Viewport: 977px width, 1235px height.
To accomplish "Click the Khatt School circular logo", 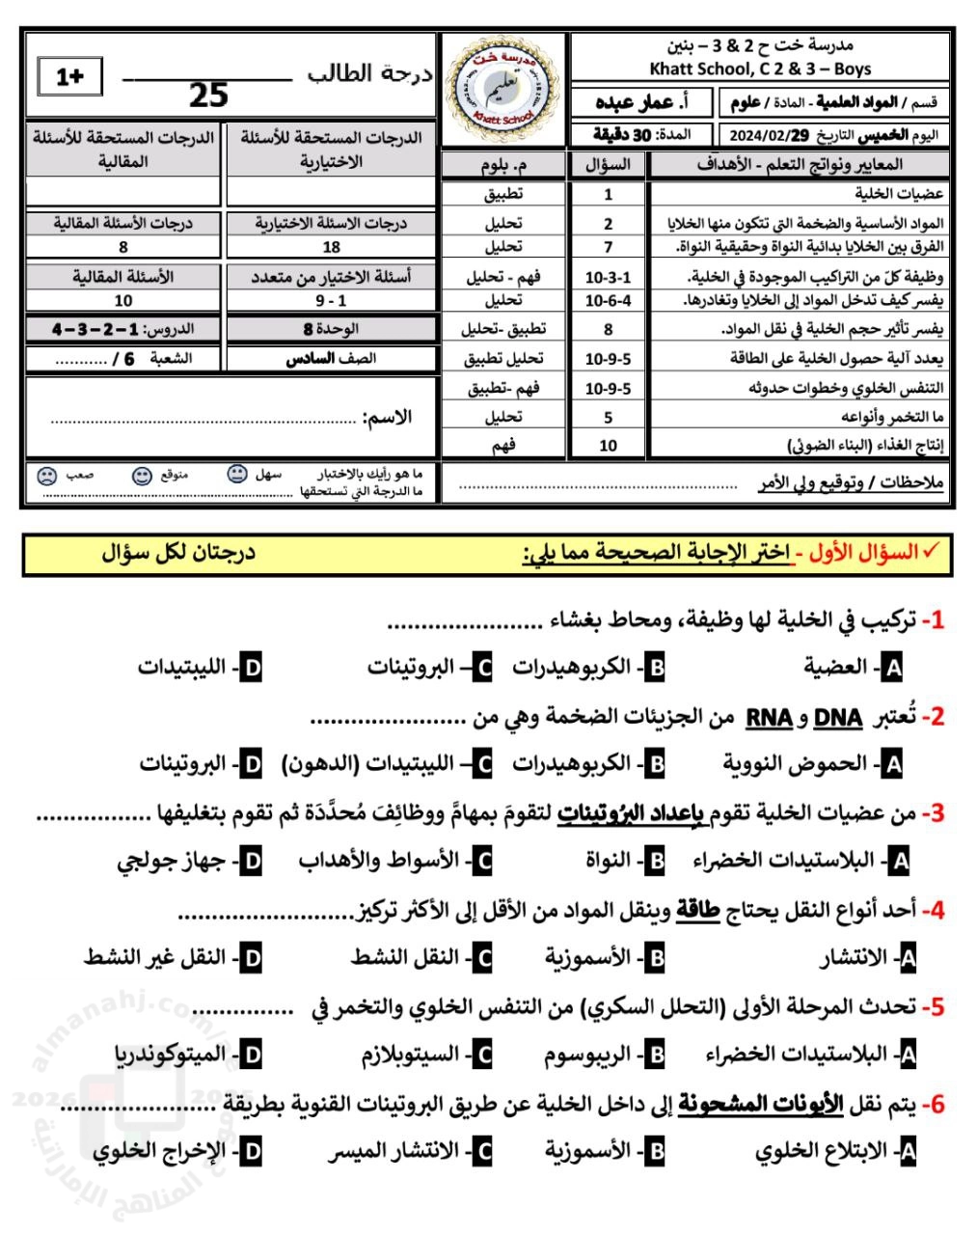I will pos(505,90).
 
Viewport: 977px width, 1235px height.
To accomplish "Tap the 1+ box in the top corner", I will pos(70,77).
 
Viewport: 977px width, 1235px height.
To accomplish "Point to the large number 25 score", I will pos(208,96).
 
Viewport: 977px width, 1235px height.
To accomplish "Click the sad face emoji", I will pos(45,476).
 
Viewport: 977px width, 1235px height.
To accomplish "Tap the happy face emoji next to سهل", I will pos(236,475).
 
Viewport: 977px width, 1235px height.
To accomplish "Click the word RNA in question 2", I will pos(769,718).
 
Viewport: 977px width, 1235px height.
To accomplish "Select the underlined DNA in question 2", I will pos(838,718).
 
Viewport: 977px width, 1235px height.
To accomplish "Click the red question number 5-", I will pos(932,1007).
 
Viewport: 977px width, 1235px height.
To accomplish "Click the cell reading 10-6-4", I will pos(608,301).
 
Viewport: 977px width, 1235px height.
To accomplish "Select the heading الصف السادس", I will pos(331,358).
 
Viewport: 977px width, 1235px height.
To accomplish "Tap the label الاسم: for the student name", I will pos(389,418).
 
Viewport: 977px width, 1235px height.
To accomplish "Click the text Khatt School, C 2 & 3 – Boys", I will pos(760,69).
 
